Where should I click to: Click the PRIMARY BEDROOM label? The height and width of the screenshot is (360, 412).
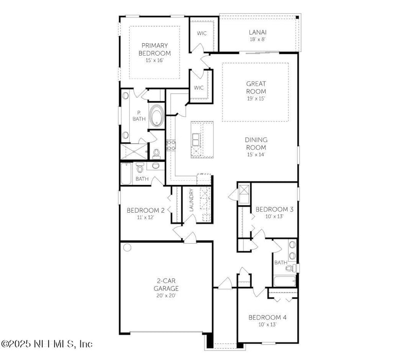(154, 49)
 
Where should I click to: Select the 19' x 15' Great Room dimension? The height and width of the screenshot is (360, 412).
(255, 98)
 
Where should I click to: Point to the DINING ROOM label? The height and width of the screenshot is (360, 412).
(255, 143)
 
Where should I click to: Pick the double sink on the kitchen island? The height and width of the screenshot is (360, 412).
(197, 140)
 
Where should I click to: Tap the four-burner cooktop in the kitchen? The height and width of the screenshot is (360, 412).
(171, 145)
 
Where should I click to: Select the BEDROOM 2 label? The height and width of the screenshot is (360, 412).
(146, 210)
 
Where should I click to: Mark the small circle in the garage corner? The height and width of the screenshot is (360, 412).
(127, 248)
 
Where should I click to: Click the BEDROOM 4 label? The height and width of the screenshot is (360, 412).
(267, 317)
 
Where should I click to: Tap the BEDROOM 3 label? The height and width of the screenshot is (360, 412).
(274, 209)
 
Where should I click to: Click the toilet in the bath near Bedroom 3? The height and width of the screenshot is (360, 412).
(289, 268)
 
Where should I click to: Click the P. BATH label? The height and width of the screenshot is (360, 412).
(139, 116)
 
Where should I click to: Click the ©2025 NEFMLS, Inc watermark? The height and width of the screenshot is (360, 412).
(46, 344)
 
